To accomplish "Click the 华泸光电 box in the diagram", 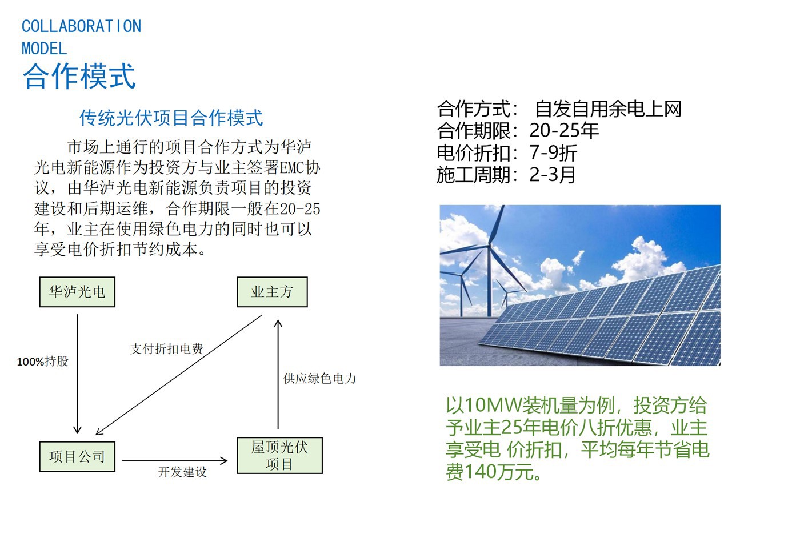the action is pyautogui.click(x=77, y=292).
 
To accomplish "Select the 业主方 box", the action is pyautogui.click(x=272, y=292).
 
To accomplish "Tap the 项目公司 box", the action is pyautogui.click(x=77, y=456).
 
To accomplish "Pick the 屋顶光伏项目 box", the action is pyautogui.click(x=279, y=456).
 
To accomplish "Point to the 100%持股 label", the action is pyautogui.click(x=42, y=361).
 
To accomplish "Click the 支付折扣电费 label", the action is pyautogui.click(x=167, y=349).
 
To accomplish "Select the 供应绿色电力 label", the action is pyautogui.click(x=320, y=378).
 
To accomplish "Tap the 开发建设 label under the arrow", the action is pyautogui.click(x=182, y=472).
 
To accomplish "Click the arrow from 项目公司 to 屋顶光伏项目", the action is pyautogui.click(x=175, y=461).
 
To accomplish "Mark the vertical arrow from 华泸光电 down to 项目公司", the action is pyautogui.click(x=77, y=374).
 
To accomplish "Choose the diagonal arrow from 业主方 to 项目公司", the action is pyautogui.click(x=178, y=375).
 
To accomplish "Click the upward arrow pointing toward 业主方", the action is pyautogui.click(x=278, y=374).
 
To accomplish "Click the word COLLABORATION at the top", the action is pyautogui.click(x=81, y=26).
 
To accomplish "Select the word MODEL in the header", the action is pyautogui.click(x=45, y=49).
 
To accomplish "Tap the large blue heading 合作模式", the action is pyautogui.click(x=79, y=75).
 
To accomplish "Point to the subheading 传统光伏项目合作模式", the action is pyautogui.click(x=171, y=118).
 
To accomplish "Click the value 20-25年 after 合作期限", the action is pyautogui.click(x=564, y=131).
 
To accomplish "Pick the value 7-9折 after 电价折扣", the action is pyautogui.click(x=553, y=153).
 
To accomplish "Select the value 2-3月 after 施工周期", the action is pyautogui.click(x=552, y=175).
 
